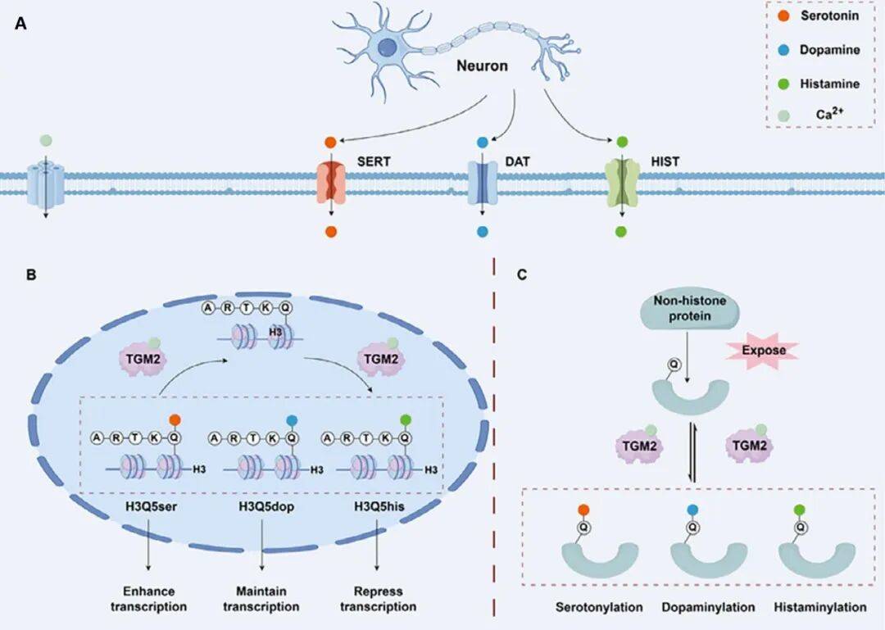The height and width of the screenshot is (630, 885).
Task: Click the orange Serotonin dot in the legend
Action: click(x=783, y=16)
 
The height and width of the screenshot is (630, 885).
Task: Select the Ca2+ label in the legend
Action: click(x=829, y=114)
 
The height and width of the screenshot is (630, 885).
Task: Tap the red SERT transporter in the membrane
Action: click(x=331, y=183)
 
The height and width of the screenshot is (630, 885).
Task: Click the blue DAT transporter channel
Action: click(x=483, y=183)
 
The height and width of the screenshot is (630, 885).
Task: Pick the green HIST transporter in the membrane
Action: click(x=621, y=183)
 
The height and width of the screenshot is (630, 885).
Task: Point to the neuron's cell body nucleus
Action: click(x=387, y=47)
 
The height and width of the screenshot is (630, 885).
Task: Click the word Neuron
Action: click(x=482, y=66)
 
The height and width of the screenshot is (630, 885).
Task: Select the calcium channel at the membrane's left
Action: click(x=46, y=184)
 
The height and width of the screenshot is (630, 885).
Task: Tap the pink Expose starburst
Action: click(x=764, y=351)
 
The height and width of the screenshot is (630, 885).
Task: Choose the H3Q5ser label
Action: click(x=152, y=506)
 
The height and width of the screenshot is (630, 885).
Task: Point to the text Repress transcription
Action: click(x=378, y=599)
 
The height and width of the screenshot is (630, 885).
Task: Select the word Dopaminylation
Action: click(x=708, y=607)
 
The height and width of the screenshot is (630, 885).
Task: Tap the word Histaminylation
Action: click(x=820, y=607)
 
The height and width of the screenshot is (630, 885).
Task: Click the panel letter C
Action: click(x=522, y=275)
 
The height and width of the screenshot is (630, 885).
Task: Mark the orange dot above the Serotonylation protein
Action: click(x=583, y=510)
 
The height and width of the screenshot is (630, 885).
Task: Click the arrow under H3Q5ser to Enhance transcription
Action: click(x=148, y=544)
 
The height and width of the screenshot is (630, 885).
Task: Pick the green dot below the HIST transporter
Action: click(x=621, y=232)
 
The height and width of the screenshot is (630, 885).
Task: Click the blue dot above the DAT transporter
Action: click(x=482, y=143)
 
